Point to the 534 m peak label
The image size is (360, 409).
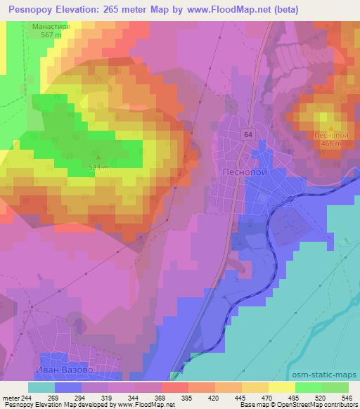98,167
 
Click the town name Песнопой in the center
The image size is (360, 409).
242,171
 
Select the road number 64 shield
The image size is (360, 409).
249,133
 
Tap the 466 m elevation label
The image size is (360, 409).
326,143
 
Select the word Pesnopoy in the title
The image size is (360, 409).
28,10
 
